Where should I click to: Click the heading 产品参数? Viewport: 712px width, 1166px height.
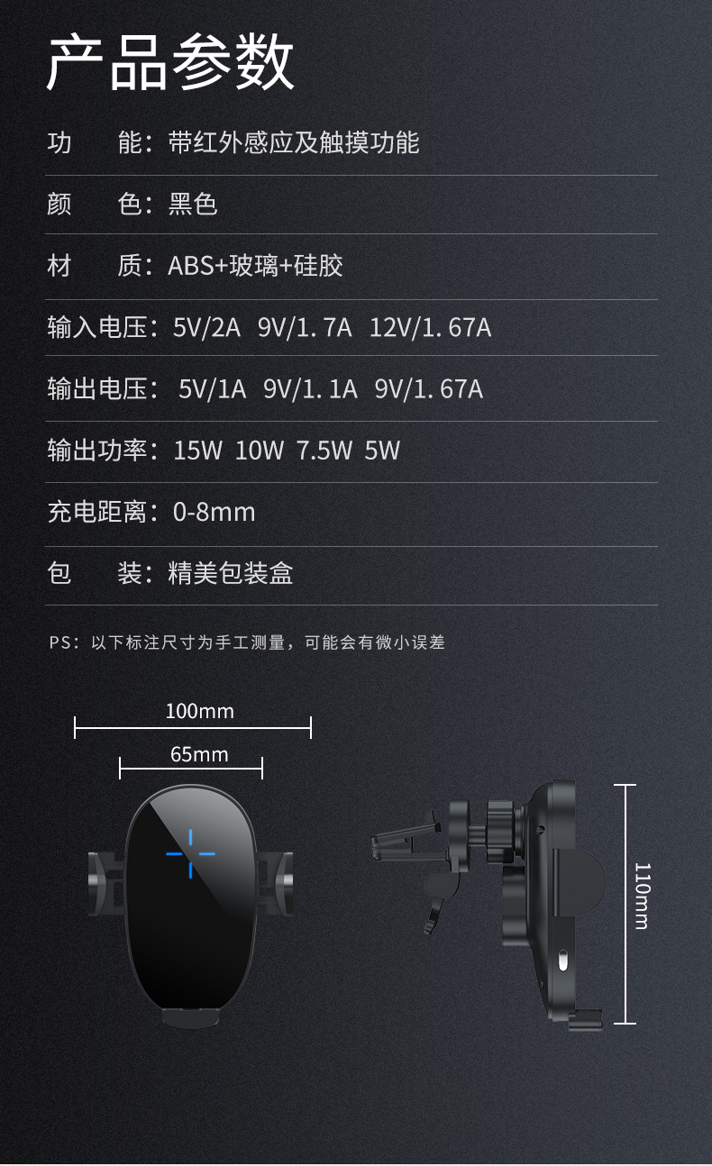click(x=170, y=63)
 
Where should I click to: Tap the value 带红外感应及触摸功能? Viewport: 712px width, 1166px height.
click(x=294, y=142)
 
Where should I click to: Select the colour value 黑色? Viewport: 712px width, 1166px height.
click(x=193, y=204)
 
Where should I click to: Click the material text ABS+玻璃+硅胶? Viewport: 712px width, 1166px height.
click(x=255, y=266)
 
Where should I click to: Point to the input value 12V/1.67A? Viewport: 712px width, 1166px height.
click(x=430, y=327)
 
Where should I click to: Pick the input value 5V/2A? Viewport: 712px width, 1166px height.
click(x=206, y=327)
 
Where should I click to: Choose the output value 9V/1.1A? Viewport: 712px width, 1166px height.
click(x=310, y=389)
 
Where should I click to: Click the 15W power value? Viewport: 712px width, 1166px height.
click(x=197, y=451)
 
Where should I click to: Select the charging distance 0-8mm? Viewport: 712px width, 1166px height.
click(x=214, y=512)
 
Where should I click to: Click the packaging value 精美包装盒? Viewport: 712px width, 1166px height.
click(x=231, y=573)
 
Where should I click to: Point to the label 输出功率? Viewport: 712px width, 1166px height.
click(x=96, y=451)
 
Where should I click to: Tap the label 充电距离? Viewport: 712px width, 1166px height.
click(x=96, y=512)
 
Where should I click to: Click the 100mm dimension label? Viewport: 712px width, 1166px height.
click(x=199, y=711)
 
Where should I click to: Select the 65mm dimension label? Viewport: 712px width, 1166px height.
click(x=199, y=754)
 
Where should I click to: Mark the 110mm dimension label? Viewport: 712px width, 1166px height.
click(x=641, y=896)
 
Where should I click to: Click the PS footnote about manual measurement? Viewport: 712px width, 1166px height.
click(x=247, y=642)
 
